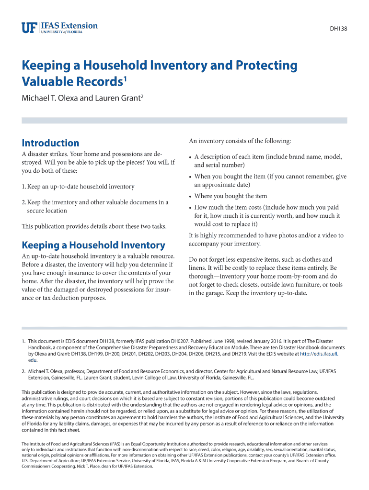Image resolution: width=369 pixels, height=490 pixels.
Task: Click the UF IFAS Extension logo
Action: point(59,27)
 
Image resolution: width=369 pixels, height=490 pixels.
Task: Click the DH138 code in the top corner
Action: point(338,29)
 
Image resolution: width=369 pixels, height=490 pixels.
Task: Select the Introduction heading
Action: point(50,143)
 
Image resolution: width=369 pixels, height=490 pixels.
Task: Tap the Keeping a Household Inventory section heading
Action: point(93,245)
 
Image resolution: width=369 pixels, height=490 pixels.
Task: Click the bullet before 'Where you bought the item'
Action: point(191,196)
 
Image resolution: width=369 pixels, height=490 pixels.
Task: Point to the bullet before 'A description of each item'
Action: point(191,157)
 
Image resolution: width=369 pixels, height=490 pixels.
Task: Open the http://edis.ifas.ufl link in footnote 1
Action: point(319,354)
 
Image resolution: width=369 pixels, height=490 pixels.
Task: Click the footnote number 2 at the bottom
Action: point(23,371)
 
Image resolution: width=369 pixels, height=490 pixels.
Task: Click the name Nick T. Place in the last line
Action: point(101,467)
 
